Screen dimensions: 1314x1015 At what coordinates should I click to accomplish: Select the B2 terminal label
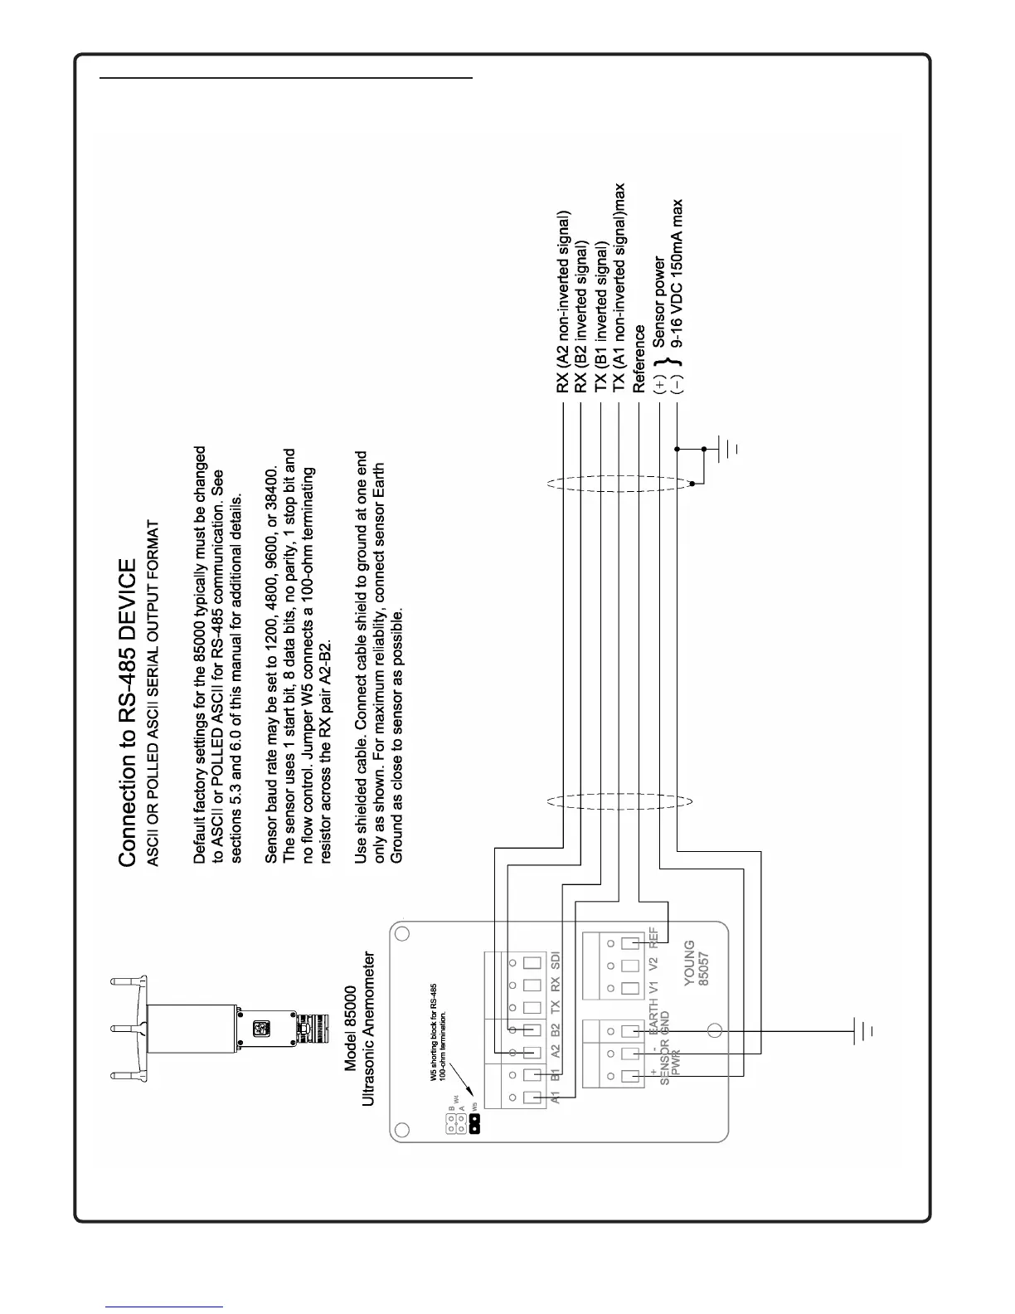coord(556,1030)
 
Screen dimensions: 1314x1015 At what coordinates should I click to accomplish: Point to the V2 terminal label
coord(654,966)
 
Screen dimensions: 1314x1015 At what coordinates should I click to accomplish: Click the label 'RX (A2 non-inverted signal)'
coord(563,303)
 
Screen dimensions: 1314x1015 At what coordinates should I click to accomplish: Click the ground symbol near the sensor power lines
coord(728,449)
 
